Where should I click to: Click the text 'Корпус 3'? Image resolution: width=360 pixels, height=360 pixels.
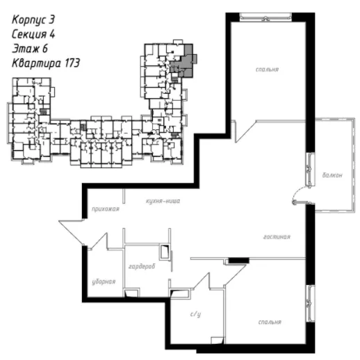(33, 19)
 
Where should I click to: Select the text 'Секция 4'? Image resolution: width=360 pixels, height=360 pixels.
(33, 34)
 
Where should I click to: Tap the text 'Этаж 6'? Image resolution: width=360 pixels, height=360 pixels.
(30, 49)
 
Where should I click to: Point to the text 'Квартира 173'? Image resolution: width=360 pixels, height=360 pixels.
(46, 63)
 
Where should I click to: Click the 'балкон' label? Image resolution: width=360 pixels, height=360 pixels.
(332, 175)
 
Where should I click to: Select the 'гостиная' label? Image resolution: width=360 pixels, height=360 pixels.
(277, 237)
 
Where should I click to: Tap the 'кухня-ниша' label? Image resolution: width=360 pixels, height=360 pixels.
(163, 201)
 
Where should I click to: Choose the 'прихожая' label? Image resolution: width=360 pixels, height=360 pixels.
(106, 209)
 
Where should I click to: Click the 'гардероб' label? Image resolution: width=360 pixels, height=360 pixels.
(142, 266)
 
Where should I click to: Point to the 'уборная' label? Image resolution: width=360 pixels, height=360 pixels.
(104, 281)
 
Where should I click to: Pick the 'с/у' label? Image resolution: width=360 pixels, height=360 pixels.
(195, 314)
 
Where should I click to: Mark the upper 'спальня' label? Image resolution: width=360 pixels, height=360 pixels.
(267, 69)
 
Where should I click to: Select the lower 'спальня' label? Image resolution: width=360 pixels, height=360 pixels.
(270, 322)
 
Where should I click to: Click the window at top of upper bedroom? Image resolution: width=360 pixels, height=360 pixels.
(265, 17)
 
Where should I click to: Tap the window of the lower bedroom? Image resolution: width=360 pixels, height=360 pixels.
(310, 304)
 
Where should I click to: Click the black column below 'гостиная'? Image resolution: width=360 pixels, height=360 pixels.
(239, 261)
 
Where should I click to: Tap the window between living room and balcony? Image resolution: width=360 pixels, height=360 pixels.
(310, 170)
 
